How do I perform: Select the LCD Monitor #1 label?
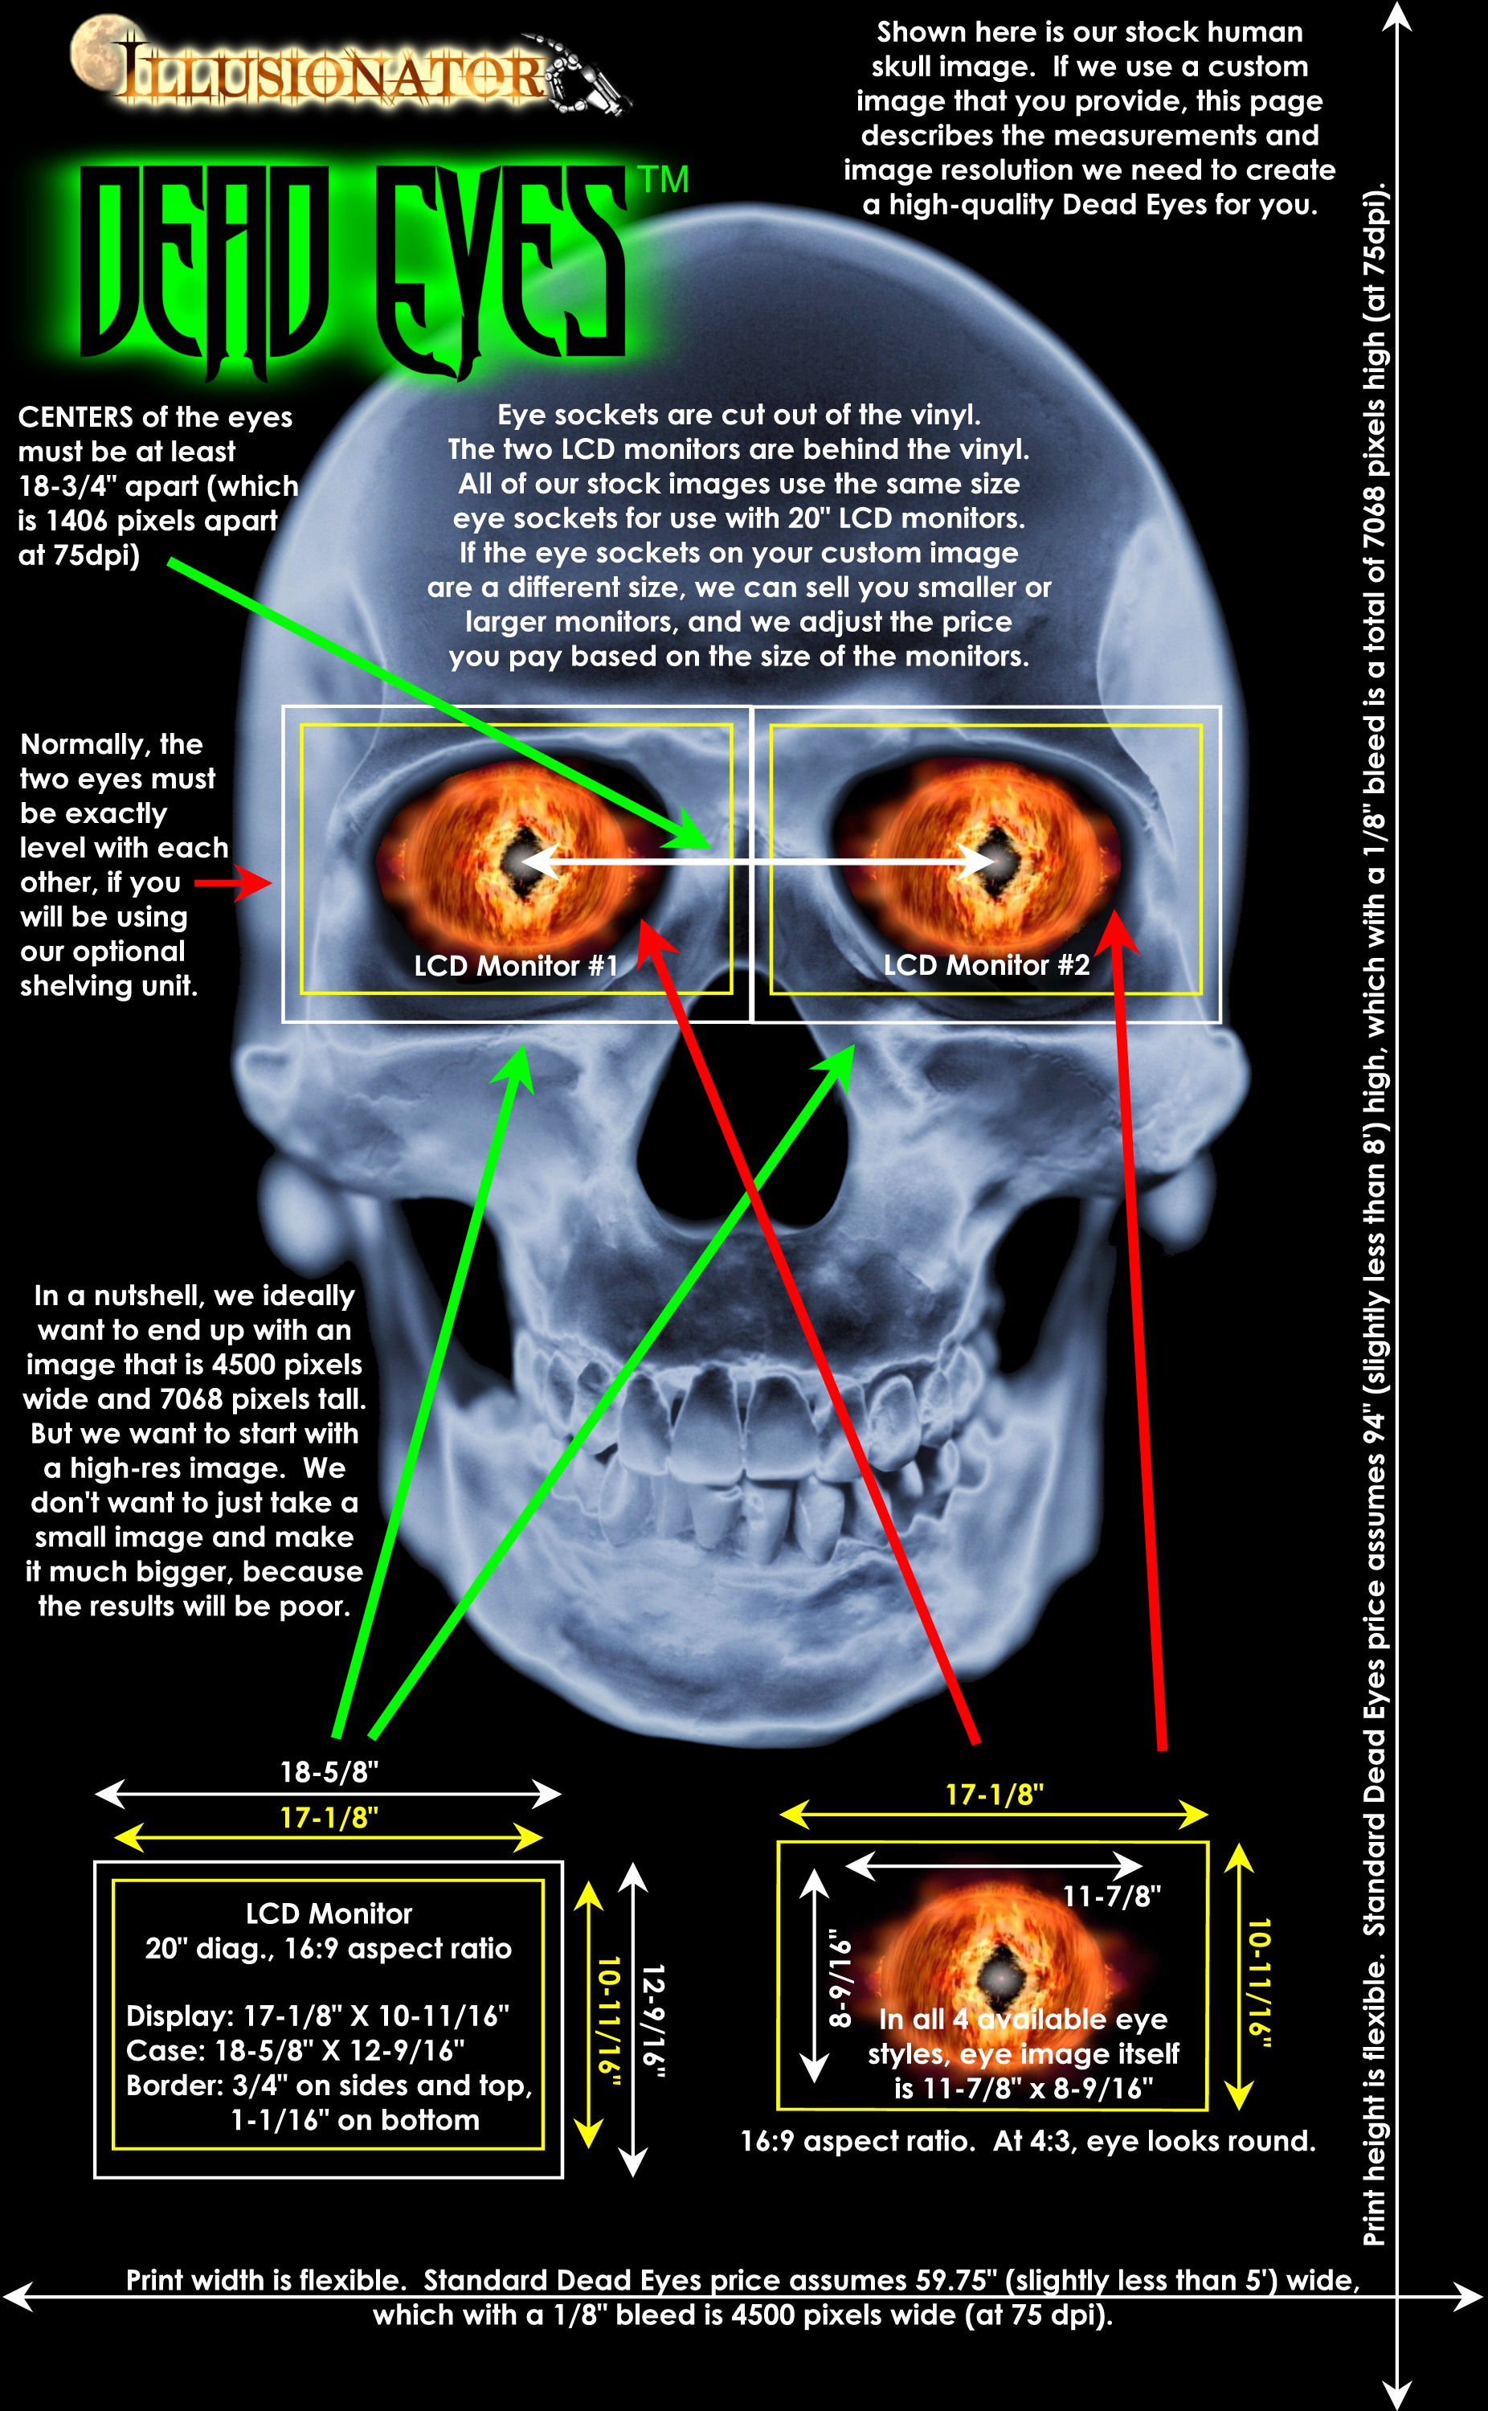click(516, 965)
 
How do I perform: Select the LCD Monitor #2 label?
click(986, 964)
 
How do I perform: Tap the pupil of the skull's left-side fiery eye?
click(521, 862)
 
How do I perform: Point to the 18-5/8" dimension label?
click(329, 1772)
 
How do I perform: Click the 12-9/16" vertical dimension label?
click(652, 2021)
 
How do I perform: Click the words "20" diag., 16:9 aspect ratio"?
click(329, 1948)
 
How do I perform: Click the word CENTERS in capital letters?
click(75, 417)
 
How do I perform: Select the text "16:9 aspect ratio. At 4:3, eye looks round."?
click(1028, 2141)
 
